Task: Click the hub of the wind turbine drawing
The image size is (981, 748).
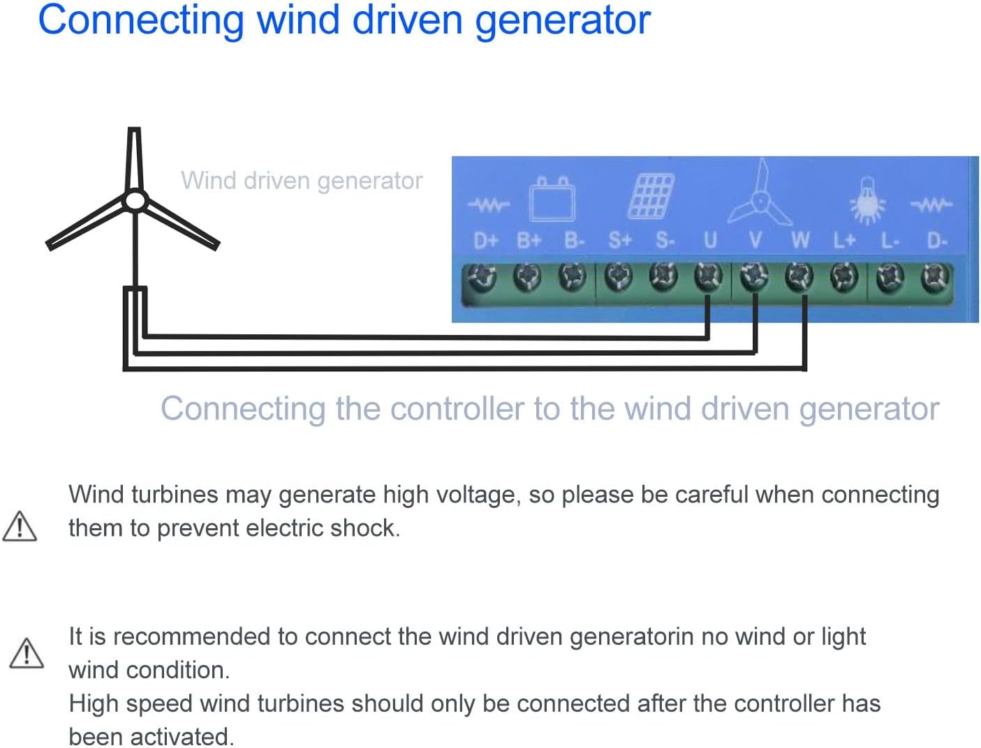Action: point(135,202)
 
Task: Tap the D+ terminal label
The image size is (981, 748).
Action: point(486,241)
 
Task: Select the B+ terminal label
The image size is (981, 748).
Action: point(529,241)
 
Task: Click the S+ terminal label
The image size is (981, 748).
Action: point(619,241)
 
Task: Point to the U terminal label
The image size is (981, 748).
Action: point(710,241)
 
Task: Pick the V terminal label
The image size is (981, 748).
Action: point(755,241)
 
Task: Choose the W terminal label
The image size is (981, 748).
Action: point(800,241)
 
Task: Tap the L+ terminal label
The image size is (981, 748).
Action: point(844,241)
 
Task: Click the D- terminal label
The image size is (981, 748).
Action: point(936,241)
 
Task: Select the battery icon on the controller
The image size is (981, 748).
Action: point(552,199)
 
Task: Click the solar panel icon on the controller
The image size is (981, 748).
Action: point(651,196)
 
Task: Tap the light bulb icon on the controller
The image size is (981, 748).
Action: point(866,201)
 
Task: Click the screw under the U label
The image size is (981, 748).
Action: point(709,277)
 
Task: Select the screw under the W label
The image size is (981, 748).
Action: point(799,277)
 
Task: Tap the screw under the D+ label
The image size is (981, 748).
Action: point(482,277)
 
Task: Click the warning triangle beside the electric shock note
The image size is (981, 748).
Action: point(20,527)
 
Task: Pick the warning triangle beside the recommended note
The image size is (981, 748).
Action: point(27,653)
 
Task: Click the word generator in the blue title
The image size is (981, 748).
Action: point(563,20)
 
